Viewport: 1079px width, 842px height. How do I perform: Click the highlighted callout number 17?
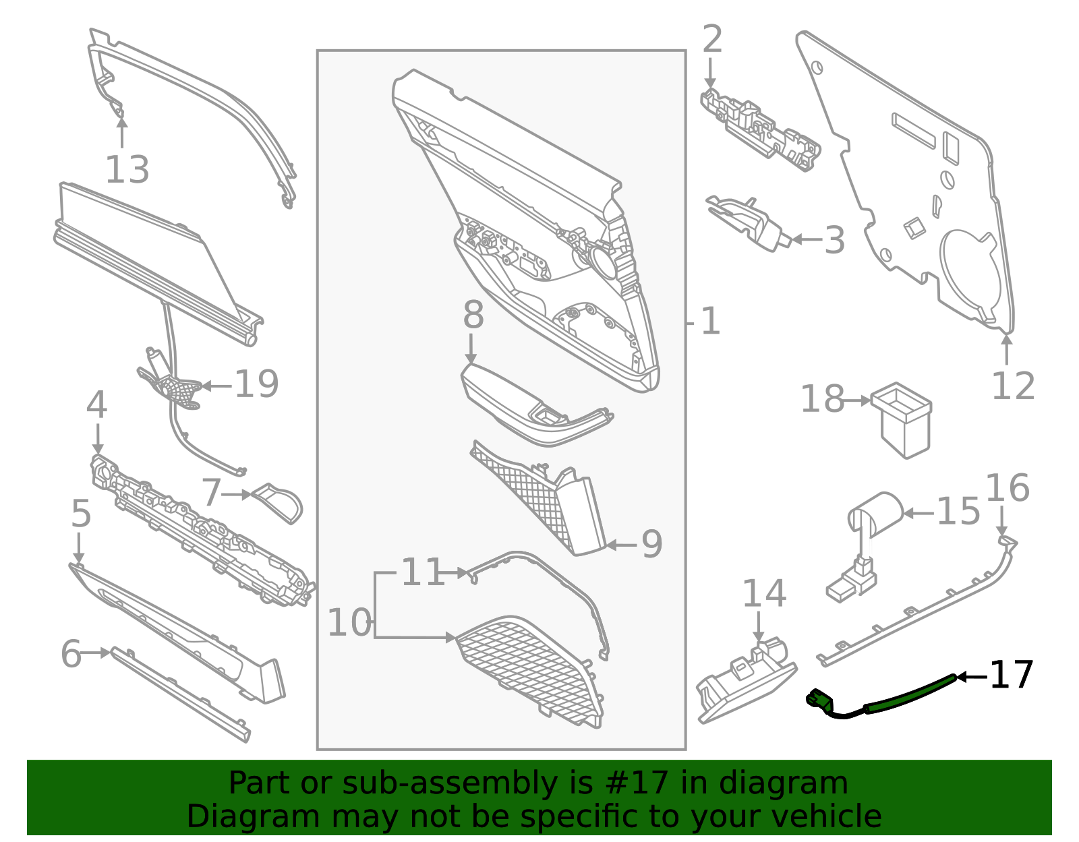tap(1012, 675)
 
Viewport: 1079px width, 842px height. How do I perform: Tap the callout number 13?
tap(127, 170)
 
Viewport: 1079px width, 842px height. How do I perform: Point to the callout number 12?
tap(1013, 386)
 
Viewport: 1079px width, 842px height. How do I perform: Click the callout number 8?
tap(473, 315)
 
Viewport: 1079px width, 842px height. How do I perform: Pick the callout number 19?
tap(256, 384)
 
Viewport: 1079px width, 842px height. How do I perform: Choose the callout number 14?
tap(764, 593)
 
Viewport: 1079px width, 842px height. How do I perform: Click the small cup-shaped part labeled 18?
tap(901, 420)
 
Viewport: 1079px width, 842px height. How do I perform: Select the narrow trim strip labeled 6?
tap(180, 694)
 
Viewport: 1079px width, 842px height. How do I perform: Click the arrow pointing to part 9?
tap(622, 545)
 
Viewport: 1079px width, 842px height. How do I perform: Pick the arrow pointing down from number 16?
tap(1001, 522)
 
